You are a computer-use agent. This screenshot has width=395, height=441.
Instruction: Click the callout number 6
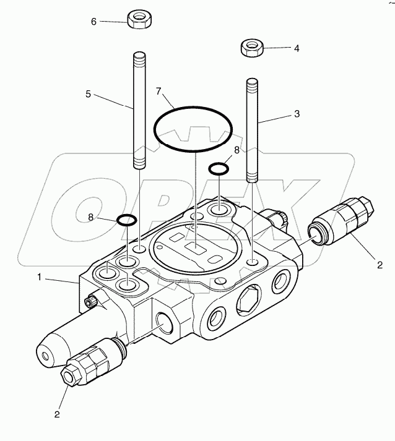click(94, 22)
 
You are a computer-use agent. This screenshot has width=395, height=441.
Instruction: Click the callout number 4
click(296, 48)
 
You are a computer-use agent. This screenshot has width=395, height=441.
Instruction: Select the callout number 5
click(89, 94)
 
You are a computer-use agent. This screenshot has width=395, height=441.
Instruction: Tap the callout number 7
click(158, 92)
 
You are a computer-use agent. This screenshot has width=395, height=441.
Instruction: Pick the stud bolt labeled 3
click(252, 130)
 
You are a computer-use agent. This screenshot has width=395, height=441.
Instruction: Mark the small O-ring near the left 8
click(127, 219)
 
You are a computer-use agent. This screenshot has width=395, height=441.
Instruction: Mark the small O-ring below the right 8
click(218, 168)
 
